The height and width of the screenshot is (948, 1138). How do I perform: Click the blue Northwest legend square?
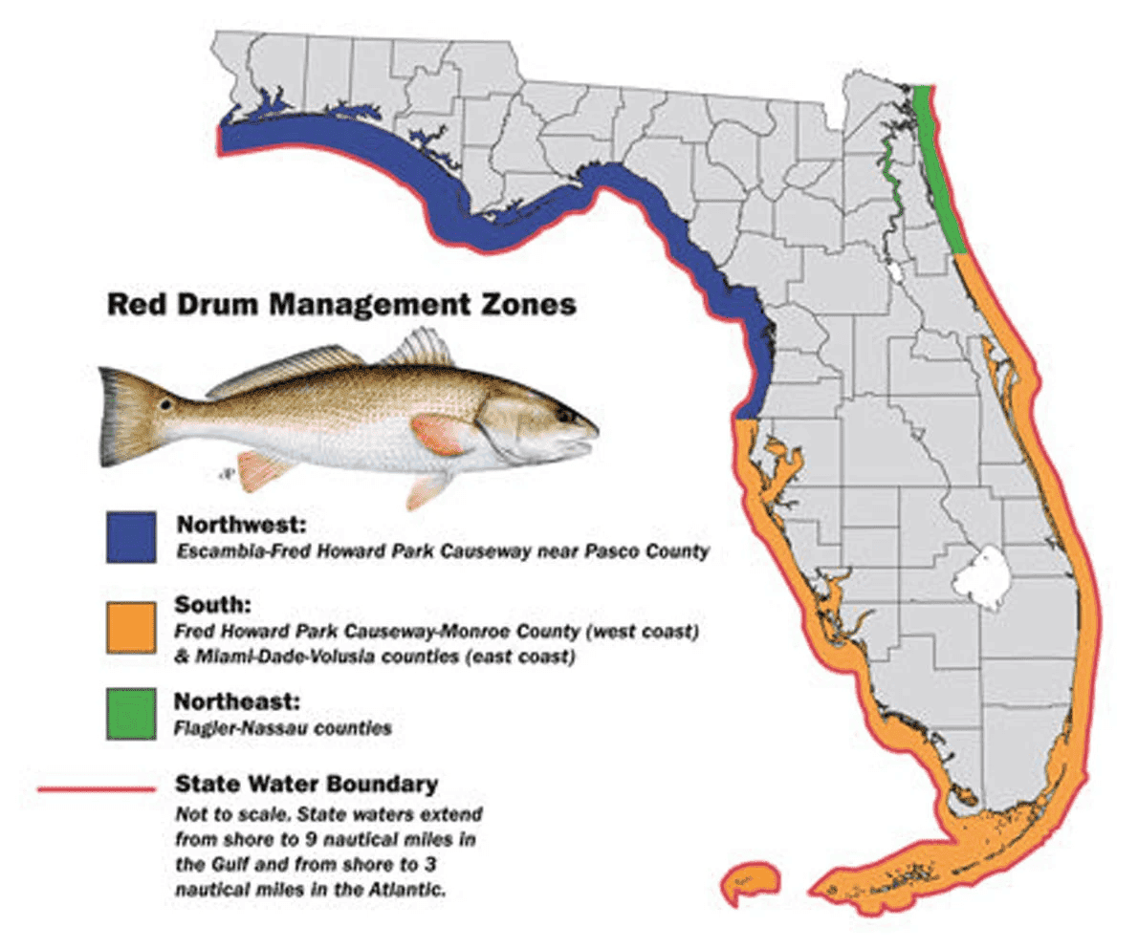[x=132, y=537]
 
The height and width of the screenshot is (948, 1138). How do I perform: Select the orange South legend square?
[x=132, y=628]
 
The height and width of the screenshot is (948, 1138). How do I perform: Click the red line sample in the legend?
[x=96, y=789]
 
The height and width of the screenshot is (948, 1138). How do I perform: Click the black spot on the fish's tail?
[x=167, y=405]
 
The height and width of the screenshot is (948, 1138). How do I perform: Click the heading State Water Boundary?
[x=306, y=785]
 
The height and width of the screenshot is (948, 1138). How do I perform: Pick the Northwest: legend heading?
[x=236, y=526]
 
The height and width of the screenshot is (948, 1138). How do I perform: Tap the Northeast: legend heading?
[x=236, y=701]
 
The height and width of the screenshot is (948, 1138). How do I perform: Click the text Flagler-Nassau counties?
[x=283, y=727]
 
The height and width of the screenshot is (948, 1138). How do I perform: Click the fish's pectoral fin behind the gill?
[x=439, y=435]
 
